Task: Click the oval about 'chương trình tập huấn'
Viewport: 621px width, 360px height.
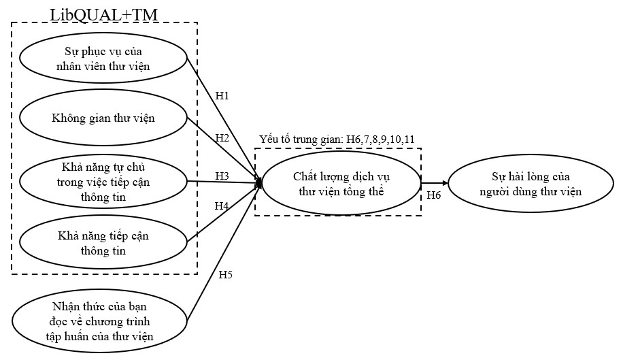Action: click(101, 320)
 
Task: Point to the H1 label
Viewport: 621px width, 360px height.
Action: click(222, 95)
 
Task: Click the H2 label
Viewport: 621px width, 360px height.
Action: click(222, 138)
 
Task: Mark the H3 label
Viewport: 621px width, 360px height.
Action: click(222, 176)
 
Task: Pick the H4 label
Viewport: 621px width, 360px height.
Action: click(222, 206)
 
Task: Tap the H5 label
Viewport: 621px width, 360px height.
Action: click(225, 275)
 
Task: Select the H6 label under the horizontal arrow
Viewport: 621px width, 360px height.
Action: click(434, 195)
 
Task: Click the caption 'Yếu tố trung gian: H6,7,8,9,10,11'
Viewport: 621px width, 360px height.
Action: click(337, 140)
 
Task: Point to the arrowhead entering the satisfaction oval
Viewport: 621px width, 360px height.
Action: click(445, 183)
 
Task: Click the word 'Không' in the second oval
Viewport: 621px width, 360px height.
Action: click(67, 118)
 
